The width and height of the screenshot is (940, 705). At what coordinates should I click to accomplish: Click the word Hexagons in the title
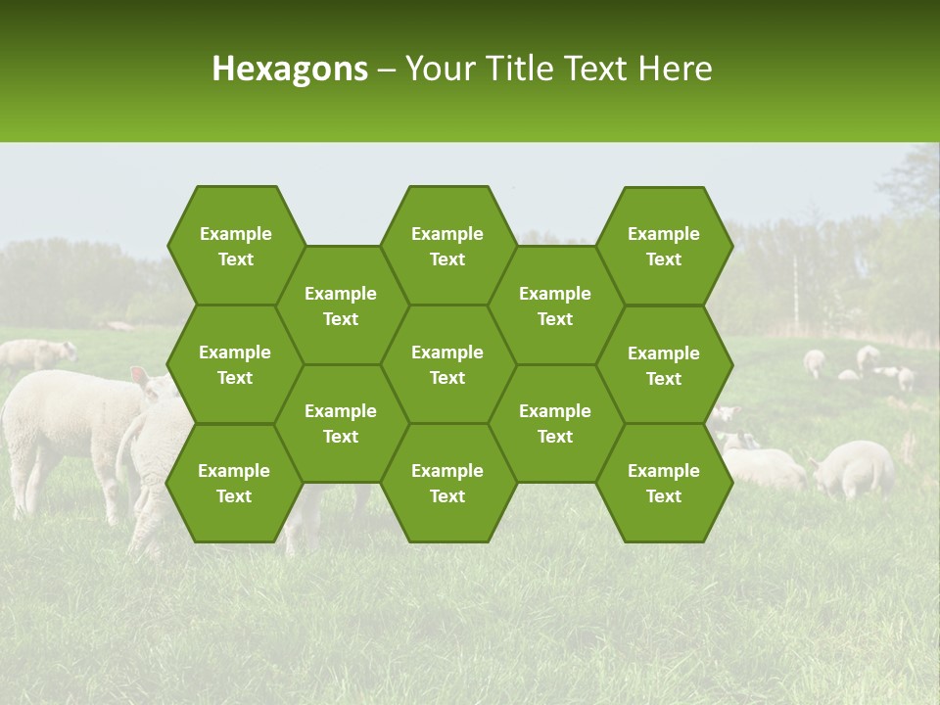tap(290, 69)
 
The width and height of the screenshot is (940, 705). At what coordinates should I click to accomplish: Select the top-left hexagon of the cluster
tap(235, 246)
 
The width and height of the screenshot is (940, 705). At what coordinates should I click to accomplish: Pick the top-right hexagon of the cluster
tap(664, 246)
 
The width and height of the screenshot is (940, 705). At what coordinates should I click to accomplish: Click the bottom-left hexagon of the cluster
tap(234, 483)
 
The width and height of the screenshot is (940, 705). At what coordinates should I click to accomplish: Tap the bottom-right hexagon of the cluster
tap(664, 483)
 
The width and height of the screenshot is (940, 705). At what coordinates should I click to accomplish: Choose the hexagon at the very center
tap(447, 364)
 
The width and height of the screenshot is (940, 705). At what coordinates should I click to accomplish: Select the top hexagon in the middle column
tap(447, 246)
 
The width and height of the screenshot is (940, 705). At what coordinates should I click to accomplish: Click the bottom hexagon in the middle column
tap(447, 483)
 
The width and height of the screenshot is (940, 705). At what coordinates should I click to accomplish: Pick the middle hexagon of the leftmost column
tap(235, 364)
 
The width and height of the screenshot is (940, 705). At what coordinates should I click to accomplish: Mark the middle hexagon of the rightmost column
tap(664, 365)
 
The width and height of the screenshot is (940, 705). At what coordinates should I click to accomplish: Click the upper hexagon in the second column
tap(341, 305)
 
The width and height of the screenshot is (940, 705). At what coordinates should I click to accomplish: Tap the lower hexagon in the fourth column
tap(555, 423)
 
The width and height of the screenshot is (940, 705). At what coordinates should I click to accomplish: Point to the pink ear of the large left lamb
tap(140, 377)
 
